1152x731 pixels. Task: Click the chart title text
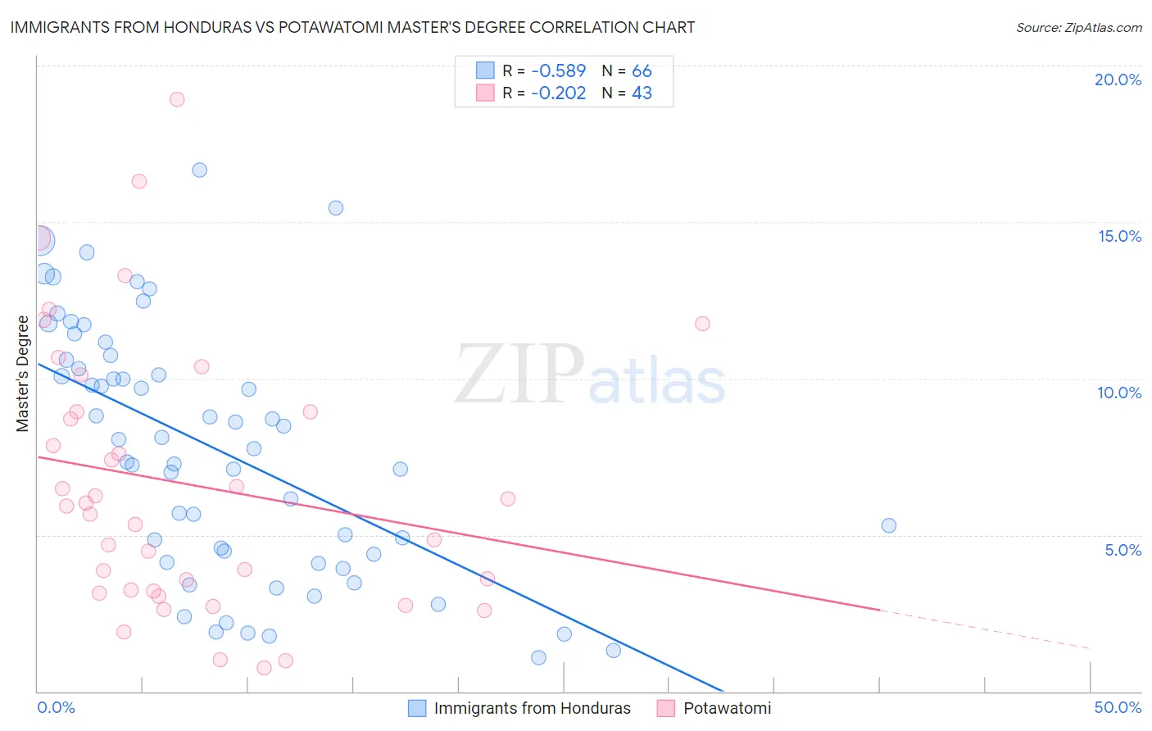coord(352,27)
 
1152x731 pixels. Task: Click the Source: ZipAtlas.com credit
coord(1078,28)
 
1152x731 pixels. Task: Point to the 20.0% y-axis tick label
coord(1118,79)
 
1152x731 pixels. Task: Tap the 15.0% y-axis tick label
coord(1119,236)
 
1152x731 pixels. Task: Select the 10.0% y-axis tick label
coord(1119,393)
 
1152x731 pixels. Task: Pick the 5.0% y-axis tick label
coord(1123,550)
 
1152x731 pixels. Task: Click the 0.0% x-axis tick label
coord(57,707)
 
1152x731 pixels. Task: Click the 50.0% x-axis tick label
coord(1118,707)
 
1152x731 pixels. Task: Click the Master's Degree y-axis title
coord(23,374)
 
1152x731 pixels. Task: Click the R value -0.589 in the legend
coord(558,71)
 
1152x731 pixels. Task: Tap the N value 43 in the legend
coord(642,93)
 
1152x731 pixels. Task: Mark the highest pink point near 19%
coord(177,99)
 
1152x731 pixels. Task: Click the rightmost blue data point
coord(889,525)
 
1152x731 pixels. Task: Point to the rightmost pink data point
coord(702,324)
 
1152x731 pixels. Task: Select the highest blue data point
coord(199,170)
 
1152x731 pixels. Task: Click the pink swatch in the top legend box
coord(485,93)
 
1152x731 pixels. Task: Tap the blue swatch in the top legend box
coord(485,70)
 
